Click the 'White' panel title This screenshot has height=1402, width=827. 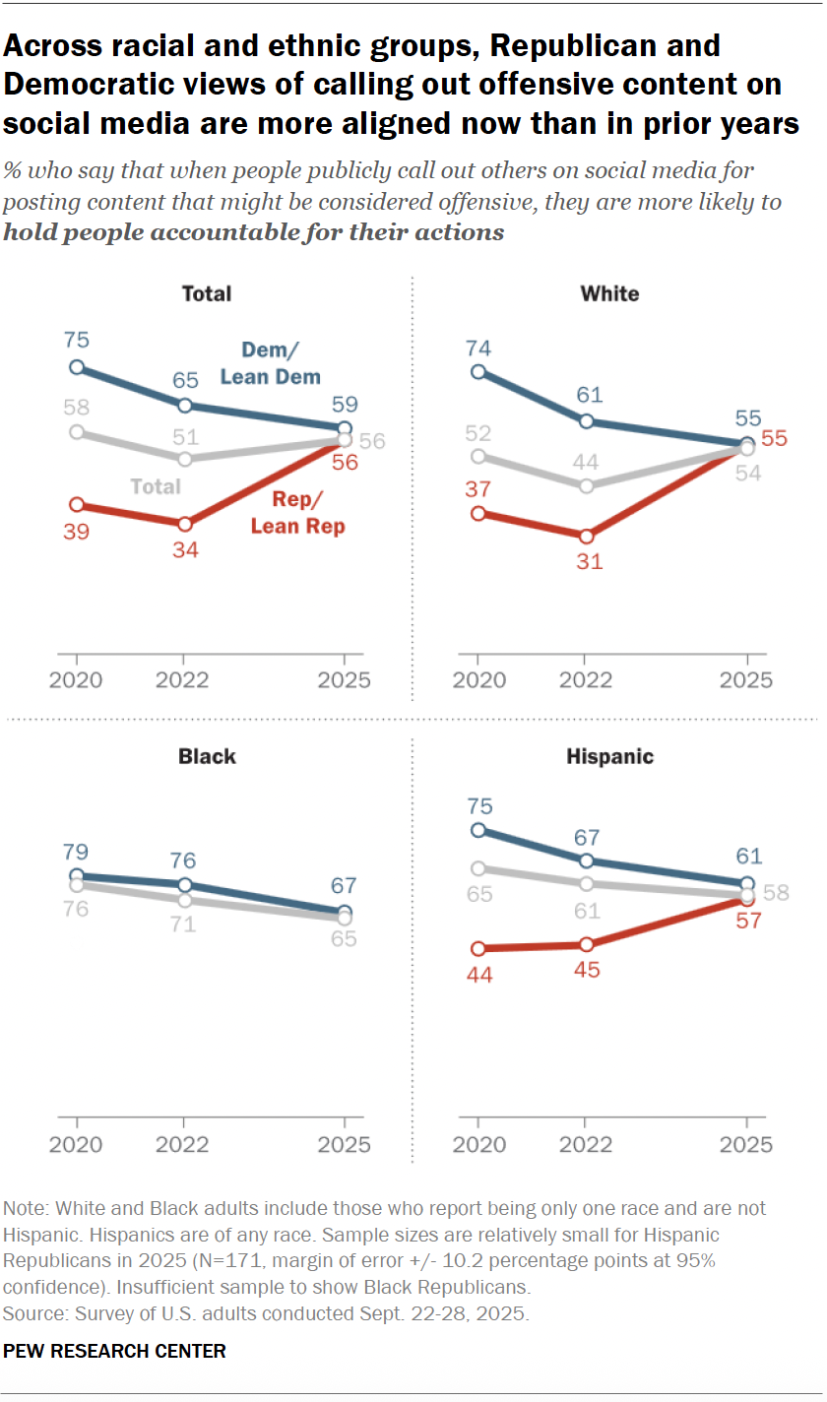[609, 293]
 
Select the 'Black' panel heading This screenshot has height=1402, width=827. [207, 756]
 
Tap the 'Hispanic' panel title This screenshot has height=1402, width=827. [609, 756]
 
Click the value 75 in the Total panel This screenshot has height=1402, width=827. [78, 341]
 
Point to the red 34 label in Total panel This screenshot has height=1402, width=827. [185, 549]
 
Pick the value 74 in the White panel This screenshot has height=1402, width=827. [479, 347]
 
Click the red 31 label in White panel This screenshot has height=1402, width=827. [588, 562]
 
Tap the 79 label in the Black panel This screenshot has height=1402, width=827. [78, 850]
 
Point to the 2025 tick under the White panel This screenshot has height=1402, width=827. [747, 680]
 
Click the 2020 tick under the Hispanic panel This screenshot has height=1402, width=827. [478, 1145]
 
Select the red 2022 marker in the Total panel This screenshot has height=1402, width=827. [183, 523]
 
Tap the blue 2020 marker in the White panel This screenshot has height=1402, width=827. [478, 371]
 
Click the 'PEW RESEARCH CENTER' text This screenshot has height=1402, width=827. [114, 1351]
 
